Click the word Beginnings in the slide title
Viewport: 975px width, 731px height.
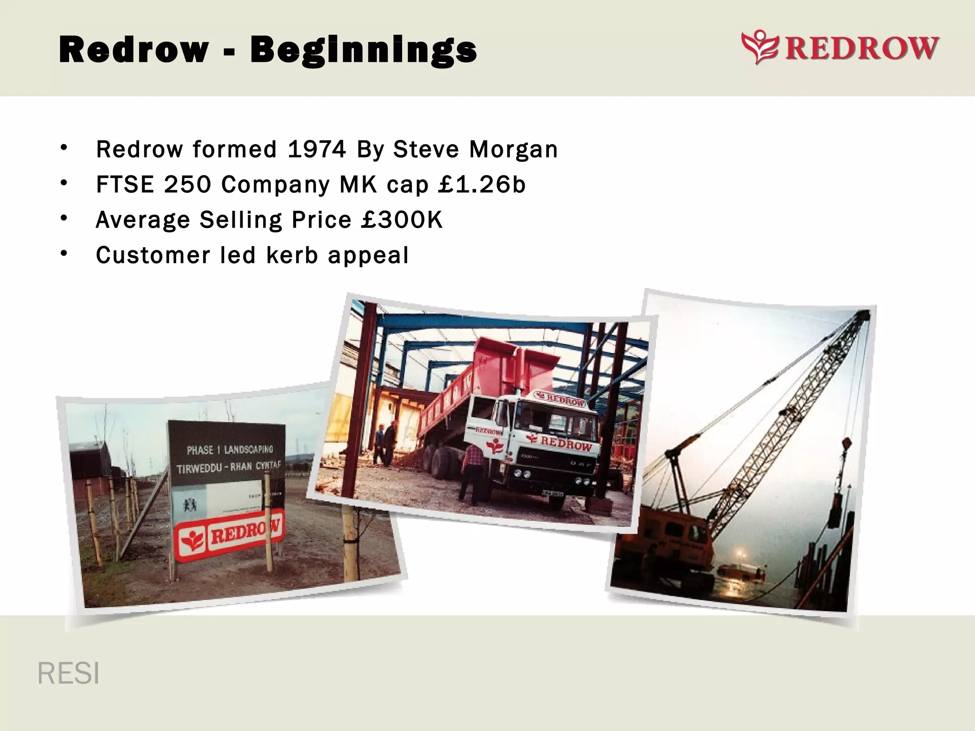(x=363, y=50)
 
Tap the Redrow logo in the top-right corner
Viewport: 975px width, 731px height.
(x=840, y=48)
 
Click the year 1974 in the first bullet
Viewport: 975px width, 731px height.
(x=317, y=149)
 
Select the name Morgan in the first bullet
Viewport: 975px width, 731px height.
(x=513, y=149)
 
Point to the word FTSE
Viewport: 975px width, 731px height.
(x=125, y=185)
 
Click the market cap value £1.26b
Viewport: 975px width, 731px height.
(x=482, y=185)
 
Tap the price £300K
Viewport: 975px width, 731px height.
(x=402, y=220)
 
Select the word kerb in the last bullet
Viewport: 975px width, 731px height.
(x=292, y=255)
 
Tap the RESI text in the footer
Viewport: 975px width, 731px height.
(x=69, y=673)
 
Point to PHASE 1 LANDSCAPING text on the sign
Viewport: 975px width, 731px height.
(x=230, y=450)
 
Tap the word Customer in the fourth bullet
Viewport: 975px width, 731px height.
(x=153, y=255)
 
